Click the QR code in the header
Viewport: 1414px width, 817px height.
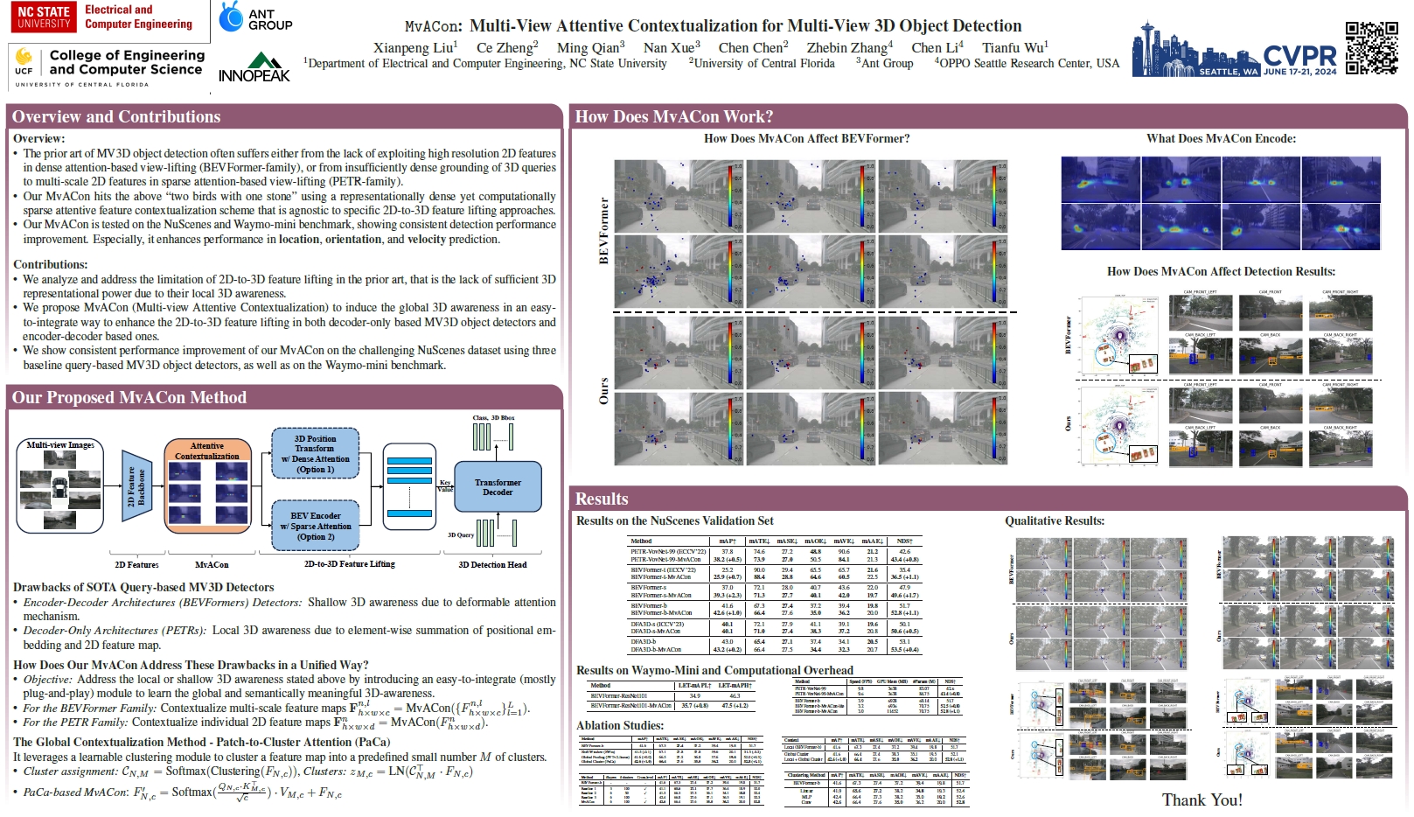[1371, 47]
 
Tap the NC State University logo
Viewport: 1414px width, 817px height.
[44, 17]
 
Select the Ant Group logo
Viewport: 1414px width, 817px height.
[256, 17]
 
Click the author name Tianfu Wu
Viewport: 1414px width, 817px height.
[1014, 47]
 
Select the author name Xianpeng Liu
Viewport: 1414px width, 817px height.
[414, 47]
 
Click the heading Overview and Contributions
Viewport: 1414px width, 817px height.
[116, 116]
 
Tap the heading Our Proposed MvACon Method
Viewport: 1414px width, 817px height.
[129, 397]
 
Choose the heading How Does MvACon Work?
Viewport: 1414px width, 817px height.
[673, 116]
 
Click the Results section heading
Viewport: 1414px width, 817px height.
[602, 499]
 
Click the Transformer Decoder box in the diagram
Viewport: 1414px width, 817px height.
[498, 487]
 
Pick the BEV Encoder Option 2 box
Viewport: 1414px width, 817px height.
[316, 526]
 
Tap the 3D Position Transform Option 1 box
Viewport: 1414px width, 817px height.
[316, 454]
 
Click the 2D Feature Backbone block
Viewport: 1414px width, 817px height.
[136, 486]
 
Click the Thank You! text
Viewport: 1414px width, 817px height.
[1202, 800]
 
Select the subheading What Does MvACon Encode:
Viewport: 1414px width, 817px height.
[1221, 138]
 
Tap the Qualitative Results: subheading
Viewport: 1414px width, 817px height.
[1055, 520]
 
